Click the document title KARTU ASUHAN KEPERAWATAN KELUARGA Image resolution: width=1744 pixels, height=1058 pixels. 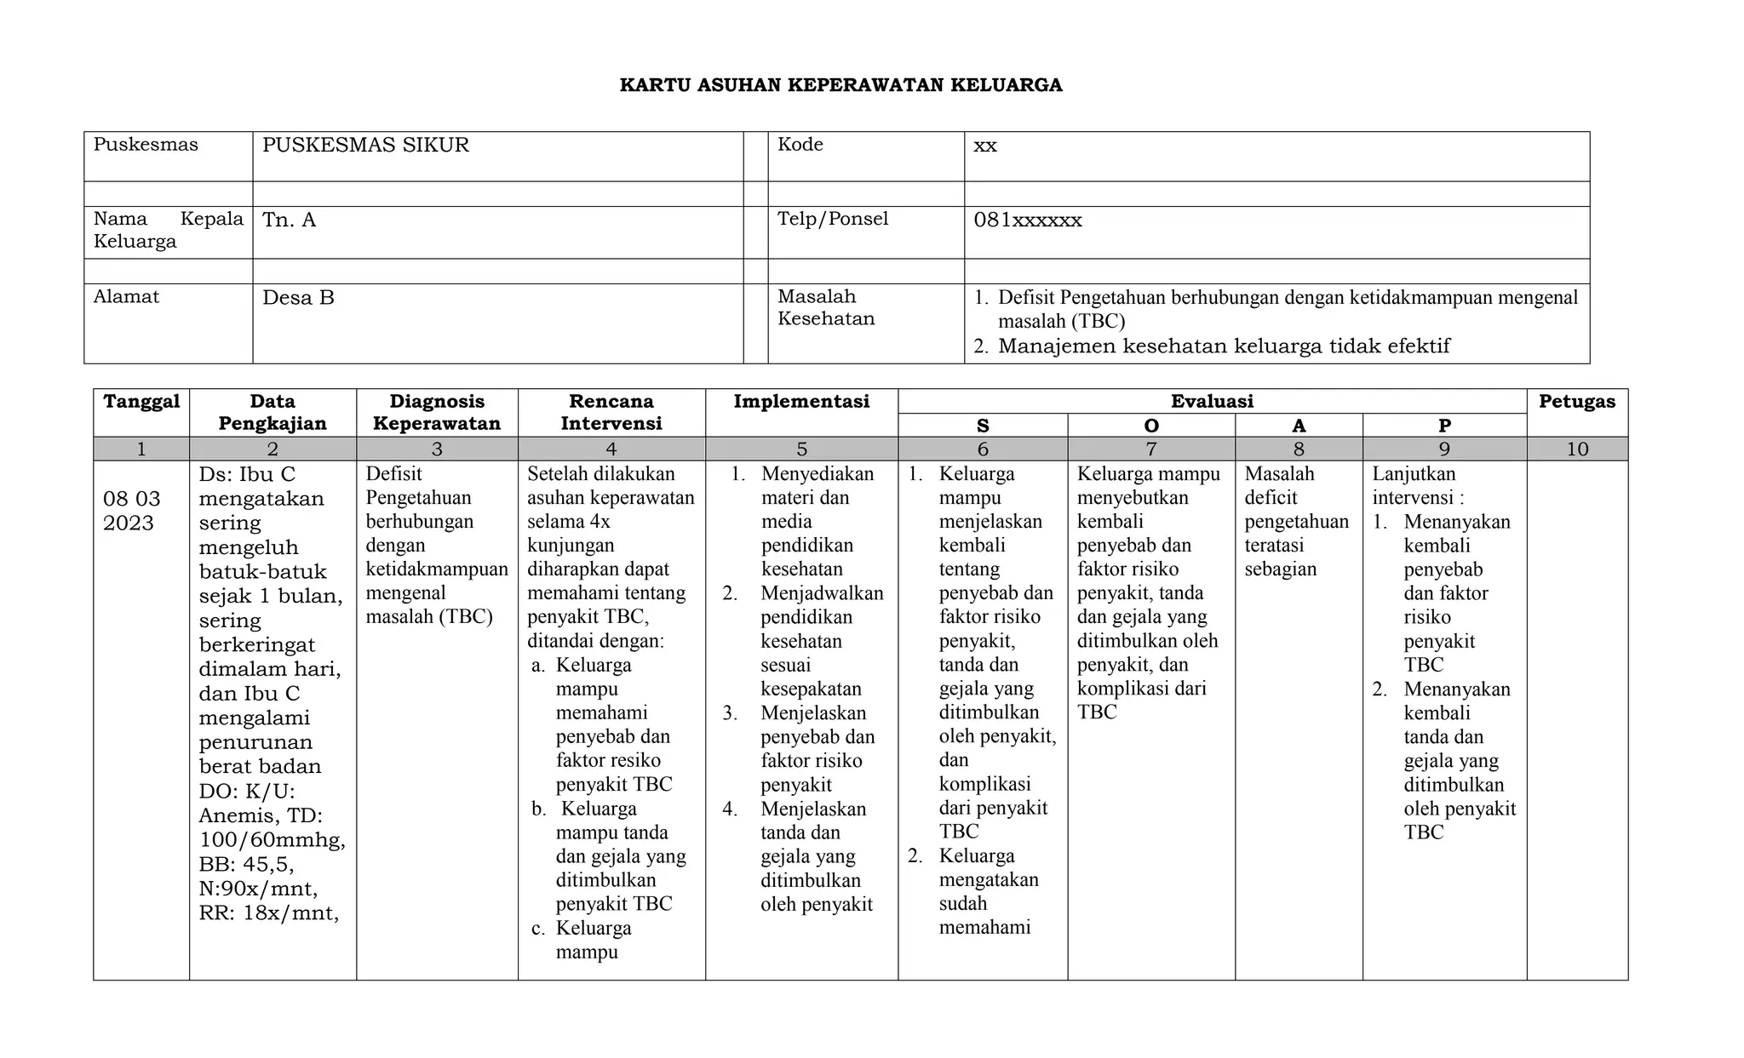[x=840, y=85]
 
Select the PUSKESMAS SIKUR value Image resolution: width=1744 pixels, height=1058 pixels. [x=365, y=146]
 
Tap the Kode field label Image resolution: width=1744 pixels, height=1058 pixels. [x=800, y=145]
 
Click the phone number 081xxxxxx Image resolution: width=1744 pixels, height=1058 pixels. [x=1027, y=220]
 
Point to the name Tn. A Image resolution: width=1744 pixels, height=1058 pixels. [x=289, y=220]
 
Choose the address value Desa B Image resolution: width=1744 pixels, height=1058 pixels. [x=298, y=298]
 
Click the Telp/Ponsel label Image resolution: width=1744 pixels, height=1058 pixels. [x=832, y=220]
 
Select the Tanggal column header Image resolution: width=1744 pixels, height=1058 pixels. [x=141, y=402]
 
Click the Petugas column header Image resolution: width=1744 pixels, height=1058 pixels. [x=1576, y=402]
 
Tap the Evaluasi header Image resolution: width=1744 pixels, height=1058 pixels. [x=1211, y=402]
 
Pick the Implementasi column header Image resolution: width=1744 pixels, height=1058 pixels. [x=800, y=402]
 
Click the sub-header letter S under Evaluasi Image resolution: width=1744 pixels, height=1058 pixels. [x=982, y=426]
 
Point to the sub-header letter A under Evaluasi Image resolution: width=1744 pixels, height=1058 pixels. [x=1298, y=426]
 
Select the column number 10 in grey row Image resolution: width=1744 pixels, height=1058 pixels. [x=1576, y=449]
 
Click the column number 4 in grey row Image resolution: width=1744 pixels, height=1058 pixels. [x=611, y=449]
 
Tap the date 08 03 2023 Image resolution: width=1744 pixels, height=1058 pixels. [x=131, y=511]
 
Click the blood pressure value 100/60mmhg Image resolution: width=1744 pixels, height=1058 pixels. [x=272, y=840]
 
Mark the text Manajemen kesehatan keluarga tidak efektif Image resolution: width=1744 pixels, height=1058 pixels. [x=1223, y=346]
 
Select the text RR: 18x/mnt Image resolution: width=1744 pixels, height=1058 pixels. [x=268, y=914]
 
